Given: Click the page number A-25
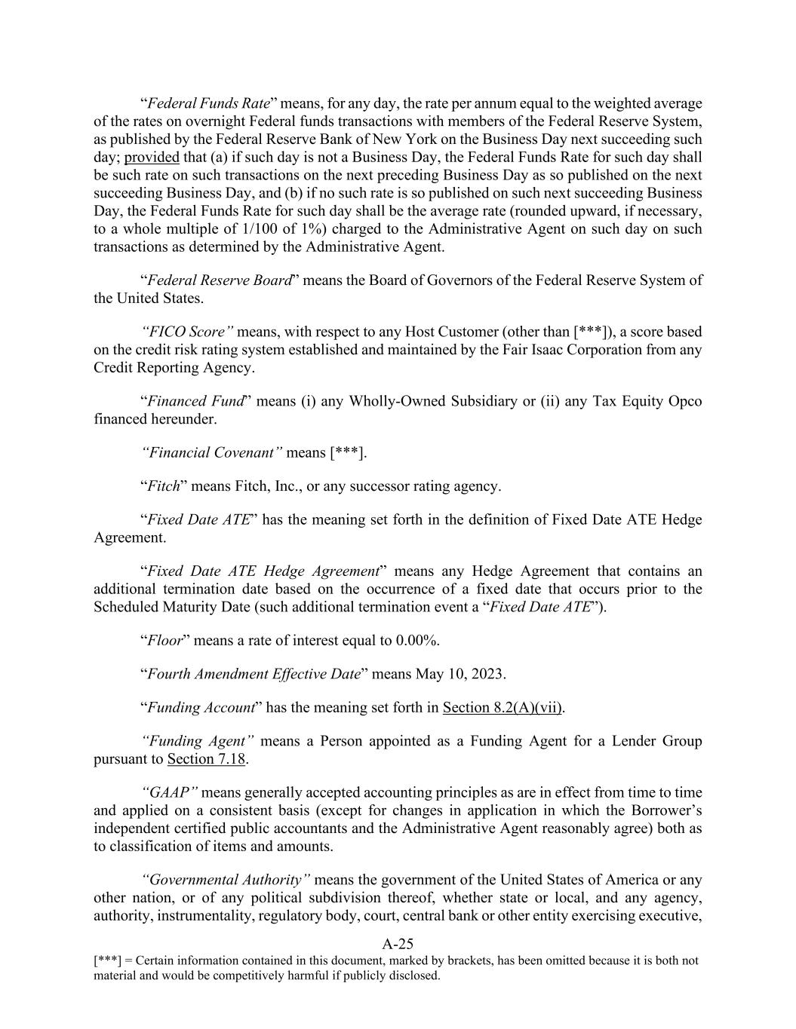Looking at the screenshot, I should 398,943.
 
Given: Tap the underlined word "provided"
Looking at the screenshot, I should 152,158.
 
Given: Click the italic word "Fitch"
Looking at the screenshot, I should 164,486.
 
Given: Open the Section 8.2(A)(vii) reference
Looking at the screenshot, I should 502,707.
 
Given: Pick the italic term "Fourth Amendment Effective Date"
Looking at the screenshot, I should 254,674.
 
